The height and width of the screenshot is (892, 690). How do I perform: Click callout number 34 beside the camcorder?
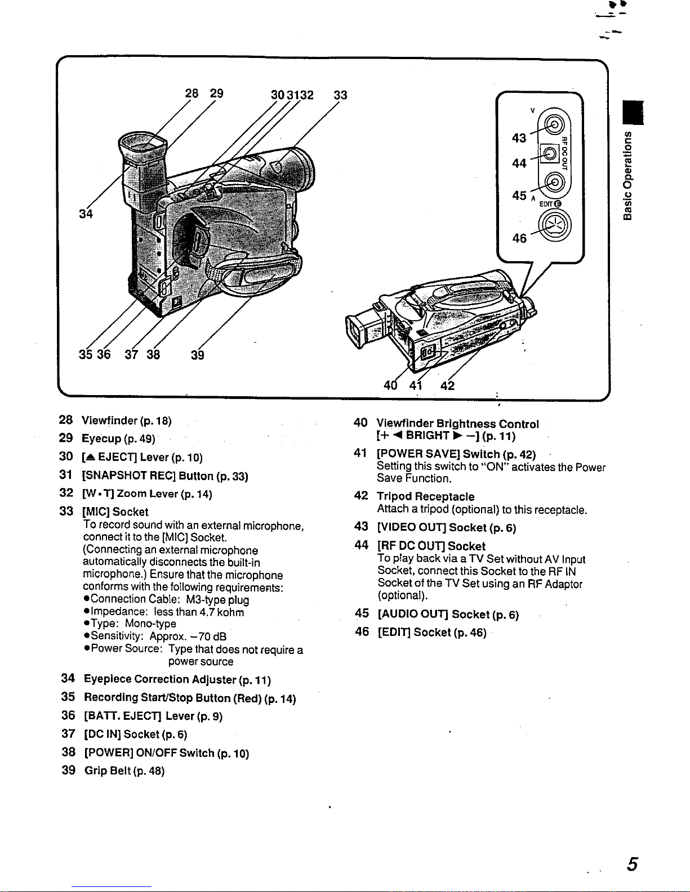coord(86,214)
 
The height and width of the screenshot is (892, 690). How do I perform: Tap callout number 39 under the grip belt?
coord(197,355)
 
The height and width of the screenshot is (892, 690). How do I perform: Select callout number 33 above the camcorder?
coord(340,95)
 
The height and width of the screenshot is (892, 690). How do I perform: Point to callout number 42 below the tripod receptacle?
coord(447,386)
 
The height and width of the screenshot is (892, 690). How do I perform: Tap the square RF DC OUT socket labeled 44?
coord(548,153)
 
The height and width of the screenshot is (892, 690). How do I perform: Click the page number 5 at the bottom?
coord(633,864)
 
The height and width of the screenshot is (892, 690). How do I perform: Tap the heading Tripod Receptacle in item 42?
coord(425,496)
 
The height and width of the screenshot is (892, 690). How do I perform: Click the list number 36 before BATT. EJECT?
coord(68,715)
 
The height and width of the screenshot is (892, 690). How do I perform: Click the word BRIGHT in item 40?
coord(427,436)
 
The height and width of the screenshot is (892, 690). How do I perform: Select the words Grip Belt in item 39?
coord(108,770)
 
